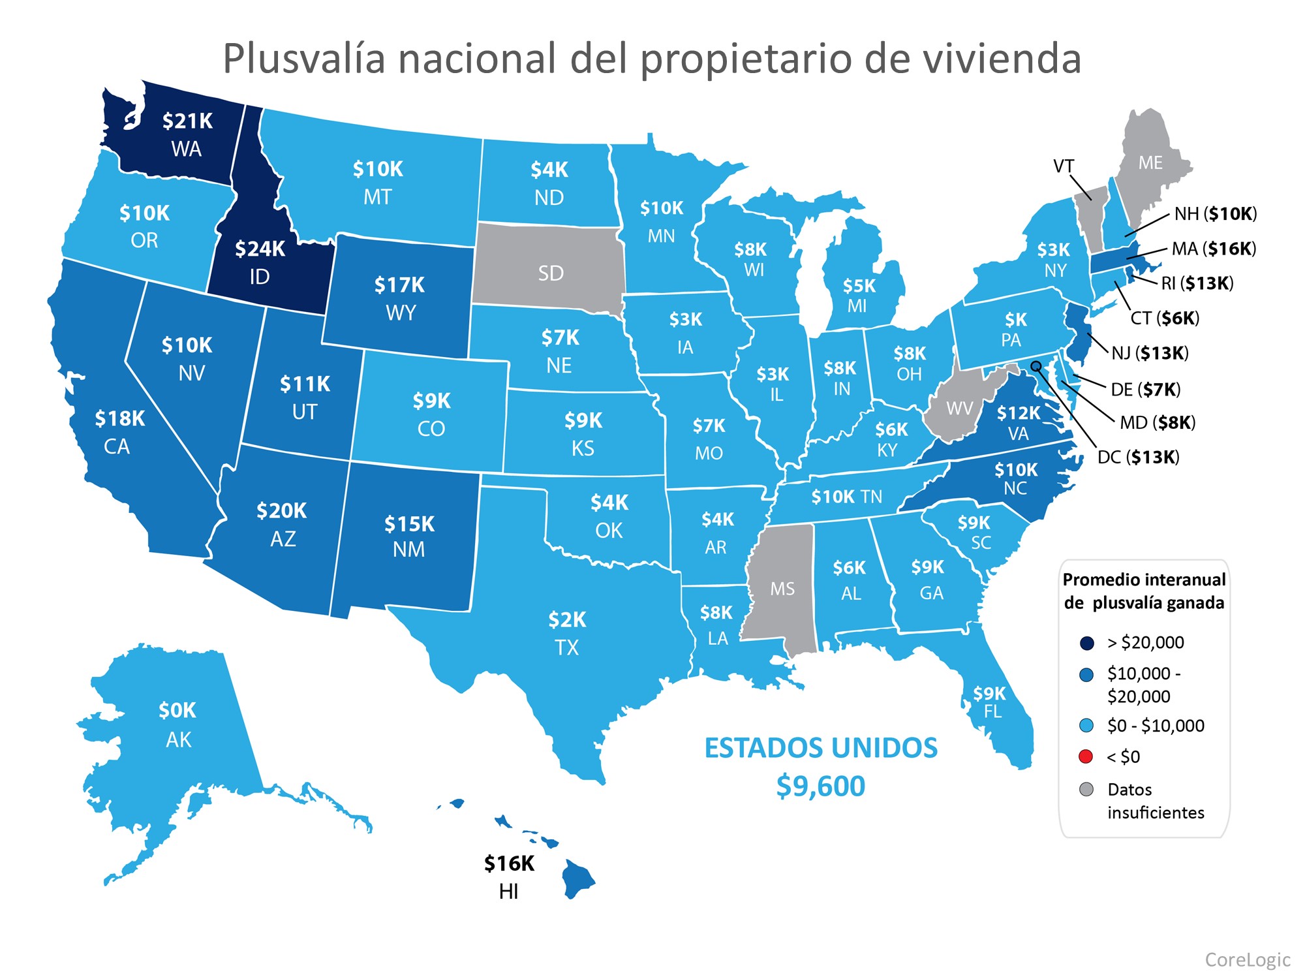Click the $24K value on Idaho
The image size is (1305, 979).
260,249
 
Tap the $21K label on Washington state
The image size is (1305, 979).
187,121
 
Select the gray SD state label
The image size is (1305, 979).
550,273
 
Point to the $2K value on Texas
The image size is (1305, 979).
567,619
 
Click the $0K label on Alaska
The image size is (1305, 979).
177,710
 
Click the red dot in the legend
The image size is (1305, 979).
1086,756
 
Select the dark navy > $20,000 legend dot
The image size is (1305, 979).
1086,643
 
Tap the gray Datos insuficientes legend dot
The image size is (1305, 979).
1086,790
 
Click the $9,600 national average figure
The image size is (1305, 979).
820,786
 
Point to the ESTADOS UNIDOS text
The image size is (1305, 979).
820,748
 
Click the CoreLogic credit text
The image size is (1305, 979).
1247,959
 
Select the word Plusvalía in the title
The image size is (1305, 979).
304,59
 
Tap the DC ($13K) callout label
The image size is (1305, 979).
1138,457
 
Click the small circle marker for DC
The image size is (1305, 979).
1036,366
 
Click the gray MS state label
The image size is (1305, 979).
782,589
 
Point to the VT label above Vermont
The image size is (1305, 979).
1064,166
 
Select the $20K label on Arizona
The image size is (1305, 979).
281,510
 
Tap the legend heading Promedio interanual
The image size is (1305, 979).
1144,580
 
